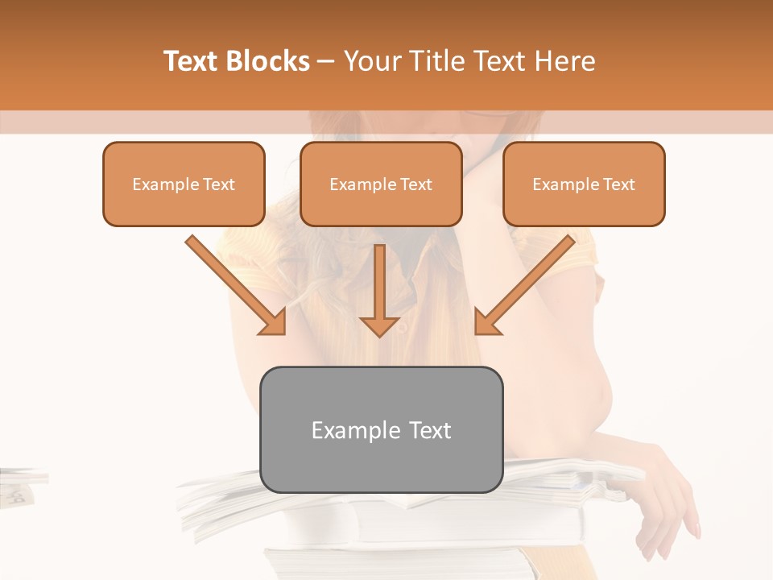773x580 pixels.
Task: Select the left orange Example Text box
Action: pos(184,184)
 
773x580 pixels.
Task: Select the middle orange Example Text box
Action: pos(381,184)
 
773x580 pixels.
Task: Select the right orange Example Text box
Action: pos(584,184)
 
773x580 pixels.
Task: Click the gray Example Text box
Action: pos(381,429)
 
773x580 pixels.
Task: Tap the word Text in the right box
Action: pos(618,184)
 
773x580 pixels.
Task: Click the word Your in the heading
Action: pos(371,61)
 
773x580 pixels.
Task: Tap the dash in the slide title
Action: pos(327,62)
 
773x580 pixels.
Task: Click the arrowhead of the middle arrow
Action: pos(379,325)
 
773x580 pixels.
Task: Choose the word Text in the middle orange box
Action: pos(415,184)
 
